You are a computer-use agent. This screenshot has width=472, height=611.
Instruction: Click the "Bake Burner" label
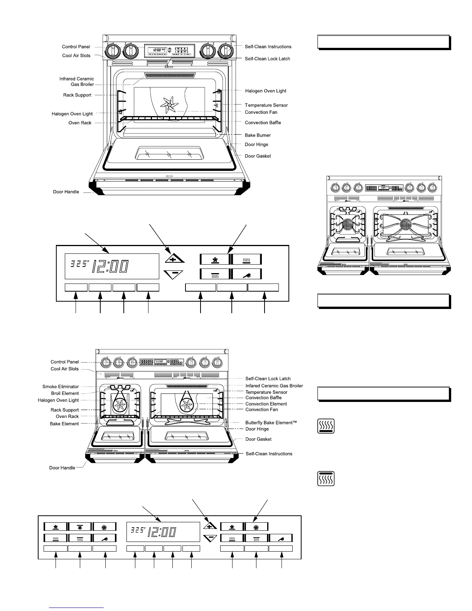258,135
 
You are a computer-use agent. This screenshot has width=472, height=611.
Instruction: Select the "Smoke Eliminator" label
61,387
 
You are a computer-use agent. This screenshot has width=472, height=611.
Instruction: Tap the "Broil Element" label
65,393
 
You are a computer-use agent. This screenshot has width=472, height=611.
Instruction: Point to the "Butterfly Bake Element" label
271,423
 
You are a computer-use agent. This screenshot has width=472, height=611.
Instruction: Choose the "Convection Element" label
266,404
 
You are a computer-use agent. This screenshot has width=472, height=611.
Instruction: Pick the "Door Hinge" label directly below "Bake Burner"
256,145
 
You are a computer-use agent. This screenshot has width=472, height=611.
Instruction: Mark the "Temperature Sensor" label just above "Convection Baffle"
266,392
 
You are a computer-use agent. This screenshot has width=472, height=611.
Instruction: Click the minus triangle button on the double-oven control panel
210,538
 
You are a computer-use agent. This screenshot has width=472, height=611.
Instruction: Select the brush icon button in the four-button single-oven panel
247,274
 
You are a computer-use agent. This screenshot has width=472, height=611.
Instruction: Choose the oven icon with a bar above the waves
326,479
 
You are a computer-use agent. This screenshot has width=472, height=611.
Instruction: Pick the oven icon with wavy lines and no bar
326,426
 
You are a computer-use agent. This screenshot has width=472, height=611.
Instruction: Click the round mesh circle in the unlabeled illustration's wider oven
406,224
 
